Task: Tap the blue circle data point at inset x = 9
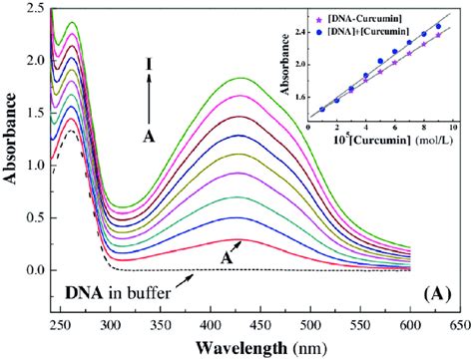click(439, 27)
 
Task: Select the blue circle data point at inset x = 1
click(321, 110)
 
